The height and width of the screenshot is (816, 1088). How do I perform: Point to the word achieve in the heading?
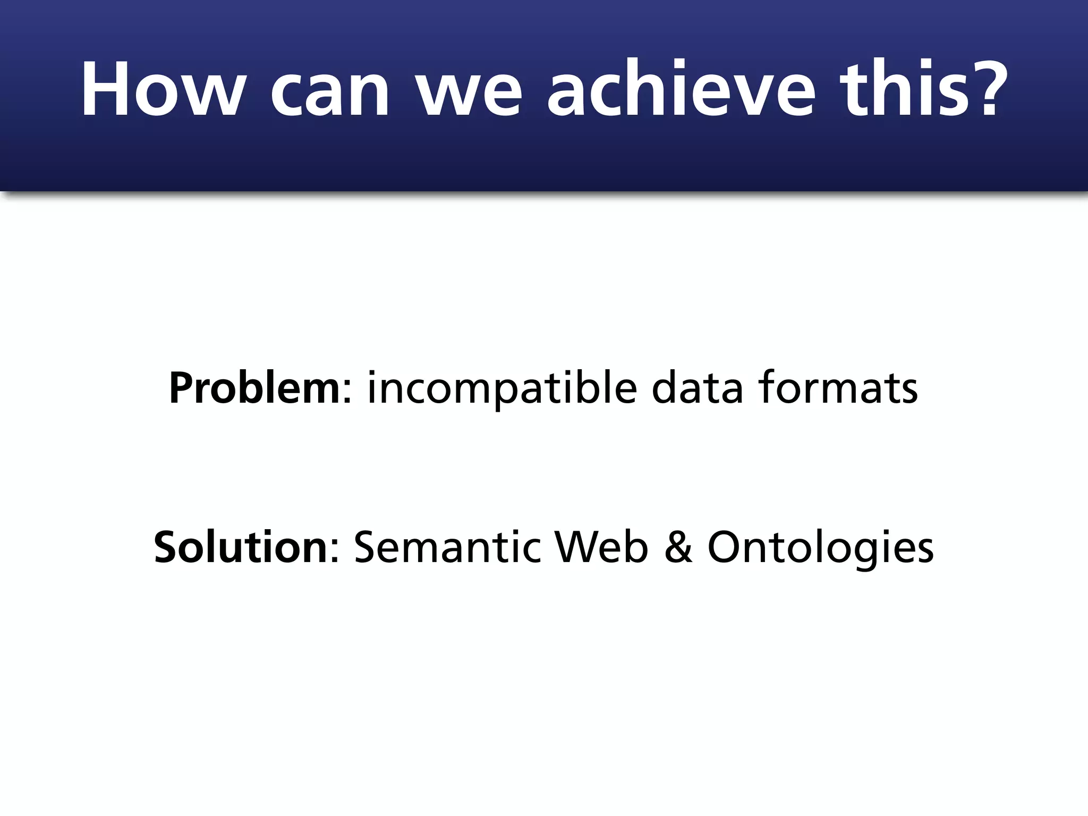681,89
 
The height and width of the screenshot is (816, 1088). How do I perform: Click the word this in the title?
903,89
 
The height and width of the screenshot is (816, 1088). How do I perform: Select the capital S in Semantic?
366,547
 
